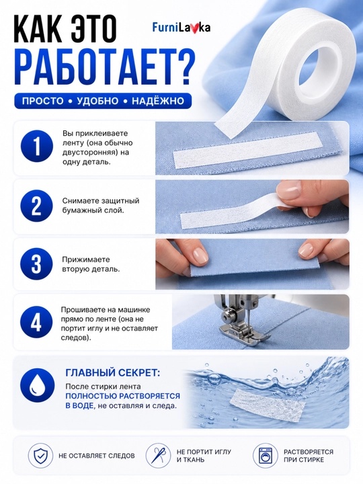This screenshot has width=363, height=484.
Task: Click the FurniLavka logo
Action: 182,28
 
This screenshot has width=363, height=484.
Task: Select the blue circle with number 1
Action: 37,147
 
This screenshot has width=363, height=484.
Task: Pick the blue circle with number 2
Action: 36,206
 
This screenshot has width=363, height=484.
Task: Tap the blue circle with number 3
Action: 36,264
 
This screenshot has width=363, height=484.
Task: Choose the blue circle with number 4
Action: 36,323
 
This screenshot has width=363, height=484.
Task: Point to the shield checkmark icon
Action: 39,455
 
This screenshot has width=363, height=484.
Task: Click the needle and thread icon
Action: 159,455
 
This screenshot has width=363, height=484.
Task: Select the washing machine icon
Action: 264,455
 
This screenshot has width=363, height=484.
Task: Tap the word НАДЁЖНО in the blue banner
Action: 157,101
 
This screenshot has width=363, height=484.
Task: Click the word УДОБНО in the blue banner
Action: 97,101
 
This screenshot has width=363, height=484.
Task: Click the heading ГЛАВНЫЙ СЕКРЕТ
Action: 113,372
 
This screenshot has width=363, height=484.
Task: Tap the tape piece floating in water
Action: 268,405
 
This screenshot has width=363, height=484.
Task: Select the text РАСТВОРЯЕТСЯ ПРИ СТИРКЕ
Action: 309,456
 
